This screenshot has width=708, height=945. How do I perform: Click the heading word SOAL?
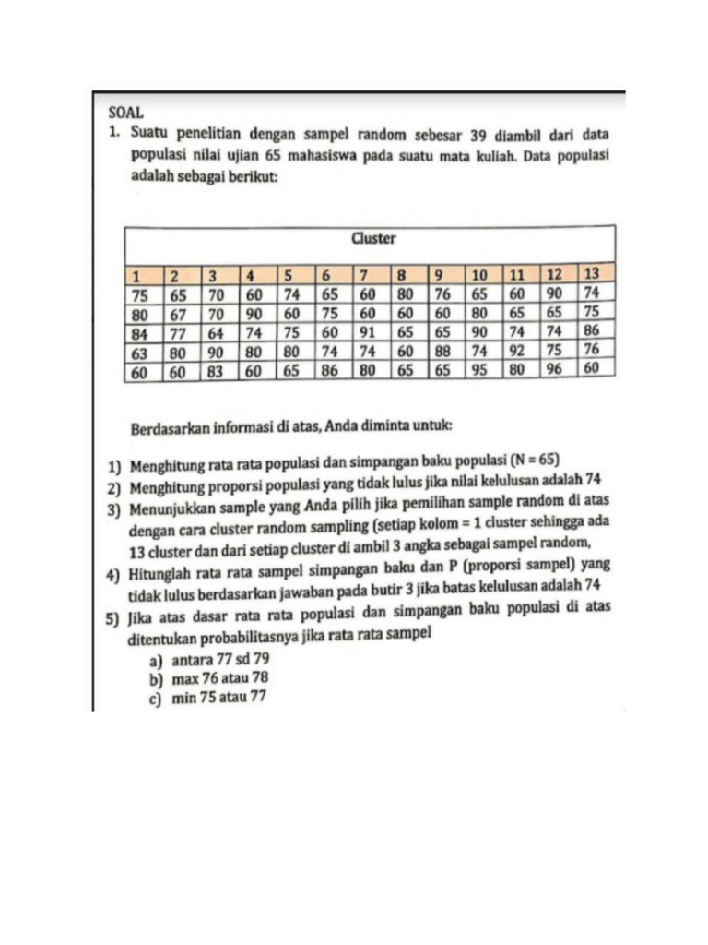point(125,112)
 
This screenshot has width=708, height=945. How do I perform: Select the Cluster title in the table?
point(373,239)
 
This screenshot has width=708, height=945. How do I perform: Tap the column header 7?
point(365,276)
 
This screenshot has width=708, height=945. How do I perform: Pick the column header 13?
point(592,275)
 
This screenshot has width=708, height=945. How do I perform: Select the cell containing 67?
point(178,314)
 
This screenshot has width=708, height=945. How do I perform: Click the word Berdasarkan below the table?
point(171,428)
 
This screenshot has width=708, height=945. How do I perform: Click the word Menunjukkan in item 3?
point(173,506)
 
